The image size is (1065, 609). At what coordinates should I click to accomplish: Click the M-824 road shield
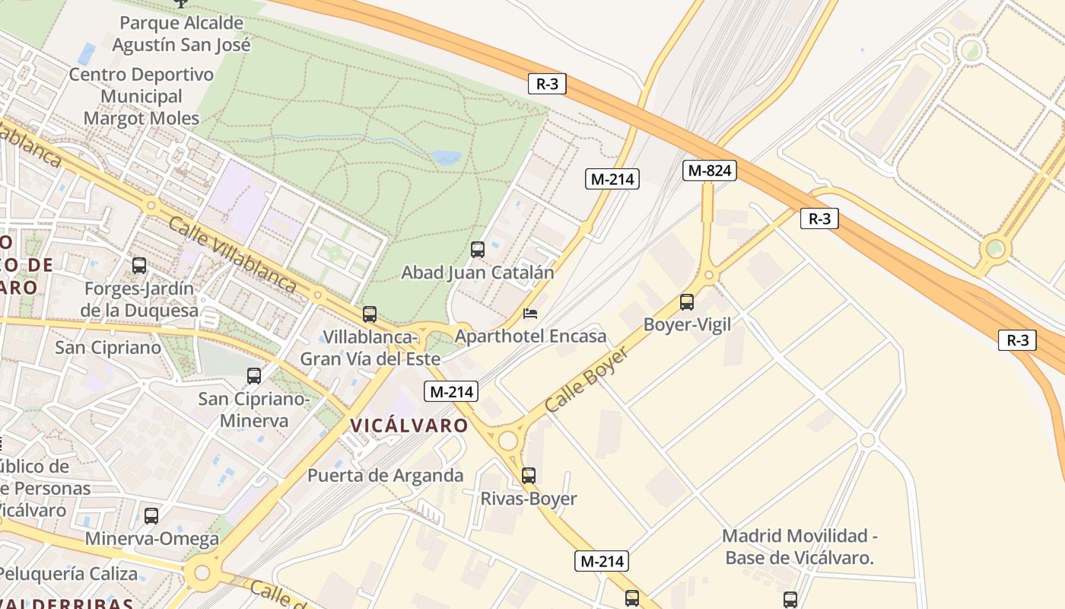click(709, 171)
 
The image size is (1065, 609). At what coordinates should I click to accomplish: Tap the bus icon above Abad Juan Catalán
click(478, 249)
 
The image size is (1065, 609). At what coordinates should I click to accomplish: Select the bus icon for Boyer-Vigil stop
click(687, 302)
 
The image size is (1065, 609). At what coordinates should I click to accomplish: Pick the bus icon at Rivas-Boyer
click(529, 476)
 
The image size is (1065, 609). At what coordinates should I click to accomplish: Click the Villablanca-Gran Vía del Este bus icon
click(370, 314)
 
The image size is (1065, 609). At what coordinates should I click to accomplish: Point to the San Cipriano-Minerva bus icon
click(254, 375)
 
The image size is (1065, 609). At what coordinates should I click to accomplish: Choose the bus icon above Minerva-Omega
click(151, 516)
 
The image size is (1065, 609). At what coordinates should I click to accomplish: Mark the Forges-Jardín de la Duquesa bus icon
click(139, 266)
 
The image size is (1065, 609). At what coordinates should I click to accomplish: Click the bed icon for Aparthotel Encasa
click(531, 314)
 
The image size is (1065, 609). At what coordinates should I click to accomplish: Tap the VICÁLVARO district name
click(409, 426)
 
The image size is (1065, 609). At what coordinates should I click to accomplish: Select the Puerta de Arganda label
click(385, 476)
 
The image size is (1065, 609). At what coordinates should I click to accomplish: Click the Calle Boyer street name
click(587, 380)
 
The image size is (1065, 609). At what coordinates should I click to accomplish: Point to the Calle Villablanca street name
click(231, 255)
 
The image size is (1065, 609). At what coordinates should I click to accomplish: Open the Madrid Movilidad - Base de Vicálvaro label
click(800, 547)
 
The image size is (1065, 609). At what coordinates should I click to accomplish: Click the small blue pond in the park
click(447, 158)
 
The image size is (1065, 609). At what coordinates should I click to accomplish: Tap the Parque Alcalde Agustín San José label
click(181, 33)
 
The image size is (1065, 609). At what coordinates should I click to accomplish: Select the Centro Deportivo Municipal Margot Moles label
click(141, 97)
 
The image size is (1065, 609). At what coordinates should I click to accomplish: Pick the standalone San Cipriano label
click(108, 348)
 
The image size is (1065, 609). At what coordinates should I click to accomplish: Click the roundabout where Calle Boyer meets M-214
click(507, 441)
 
